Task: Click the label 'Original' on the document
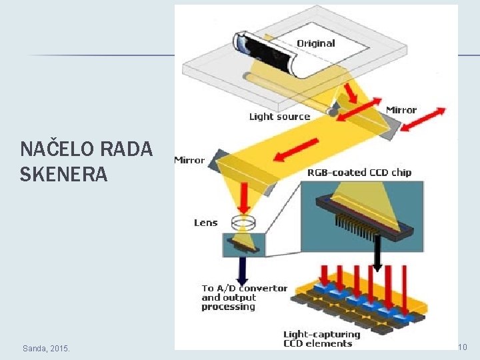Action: pos(316,43)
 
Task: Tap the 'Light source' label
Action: pos(279,117)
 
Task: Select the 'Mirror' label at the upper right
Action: pos(401,110)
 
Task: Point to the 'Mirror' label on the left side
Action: pos(189,160)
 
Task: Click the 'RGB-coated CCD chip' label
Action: pos(359,172)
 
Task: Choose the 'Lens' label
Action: pos(206,223)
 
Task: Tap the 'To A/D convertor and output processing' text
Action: pos(244,297)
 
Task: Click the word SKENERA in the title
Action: pos(63,175)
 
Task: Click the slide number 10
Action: pos(462,347)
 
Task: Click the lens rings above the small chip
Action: pos(243,221)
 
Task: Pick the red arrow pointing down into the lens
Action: pos(245,197)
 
